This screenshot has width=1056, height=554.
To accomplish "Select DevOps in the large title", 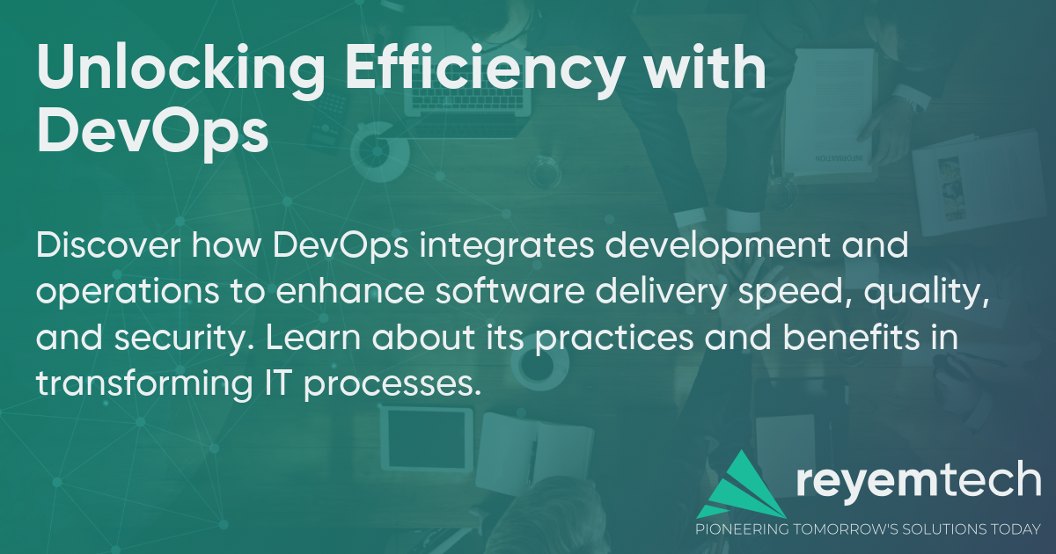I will [151, 134].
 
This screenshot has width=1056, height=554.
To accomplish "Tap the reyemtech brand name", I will [919, 480].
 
